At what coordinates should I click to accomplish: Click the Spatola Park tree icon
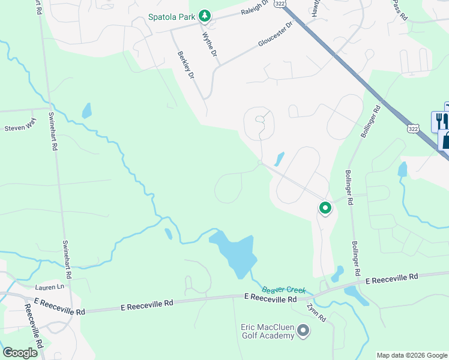tap(204, 16)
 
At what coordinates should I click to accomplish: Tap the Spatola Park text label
tap(172, 16)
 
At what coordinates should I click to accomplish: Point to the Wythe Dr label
tap(209, 43)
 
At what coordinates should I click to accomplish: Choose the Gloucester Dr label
tap(275, 37)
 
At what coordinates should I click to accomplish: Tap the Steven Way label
tap(20, 128)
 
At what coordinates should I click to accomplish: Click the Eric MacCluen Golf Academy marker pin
tap(303, 330)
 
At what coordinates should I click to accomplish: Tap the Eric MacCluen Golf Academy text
tap(267, 331)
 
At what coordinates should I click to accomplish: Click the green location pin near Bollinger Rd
tap(325, 208)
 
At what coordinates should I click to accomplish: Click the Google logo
tap(20, 353)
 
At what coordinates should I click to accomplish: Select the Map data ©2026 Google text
tap(412, 355)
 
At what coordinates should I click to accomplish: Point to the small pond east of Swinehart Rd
tap(87, 110)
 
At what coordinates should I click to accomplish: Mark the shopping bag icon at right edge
tap(445, 140)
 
